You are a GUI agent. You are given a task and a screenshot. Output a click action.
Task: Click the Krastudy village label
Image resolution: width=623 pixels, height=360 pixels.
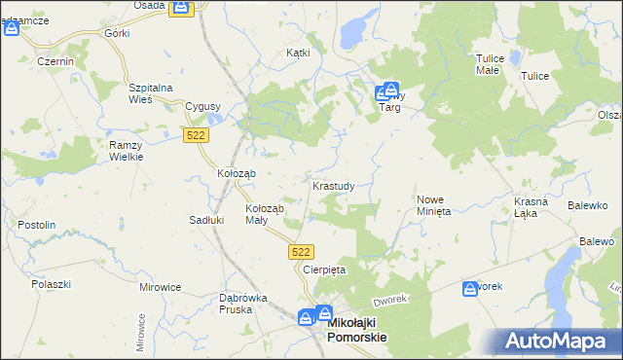click(x=339, y=185)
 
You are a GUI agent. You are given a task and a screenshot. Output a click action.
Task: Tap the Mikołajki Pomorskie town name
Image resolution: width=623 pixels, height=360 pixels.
click(x=358, y=330)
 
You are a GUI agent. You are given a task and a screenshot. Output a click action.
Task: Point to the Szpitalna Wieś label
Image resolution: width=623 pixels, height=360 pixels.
click(x=151, y=92)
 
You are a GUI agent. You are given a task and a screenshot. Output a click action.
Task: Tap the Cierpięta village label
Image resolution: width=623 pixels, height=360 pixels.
click(x=324, y=269)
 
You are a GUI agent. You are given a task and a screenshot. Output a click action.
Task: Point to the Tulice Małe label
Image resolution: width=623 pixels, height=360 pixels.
click(x=490, y=64)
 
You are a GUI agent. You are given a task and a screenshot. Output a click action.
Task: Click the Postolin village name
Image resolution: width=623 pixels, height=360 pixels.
click(x=37, y=225)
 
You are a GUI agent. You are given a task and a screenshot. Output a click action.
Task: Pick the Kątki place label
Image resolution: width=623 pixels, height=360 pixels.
click(x=298, y=53)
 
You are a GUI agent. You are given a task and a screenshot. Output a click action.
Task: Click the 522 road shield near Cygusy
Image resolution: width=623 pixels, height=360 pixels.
click(x=195, y=137)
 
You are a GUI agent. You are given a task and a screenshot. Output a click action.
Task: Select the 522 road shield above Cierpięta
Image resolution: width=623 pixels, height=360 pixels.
click(x=301, y=251)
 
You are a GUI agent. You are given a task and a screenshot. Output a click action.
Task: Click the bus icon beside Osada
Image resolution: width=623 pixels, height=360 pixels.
click(x=181, y=8)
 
